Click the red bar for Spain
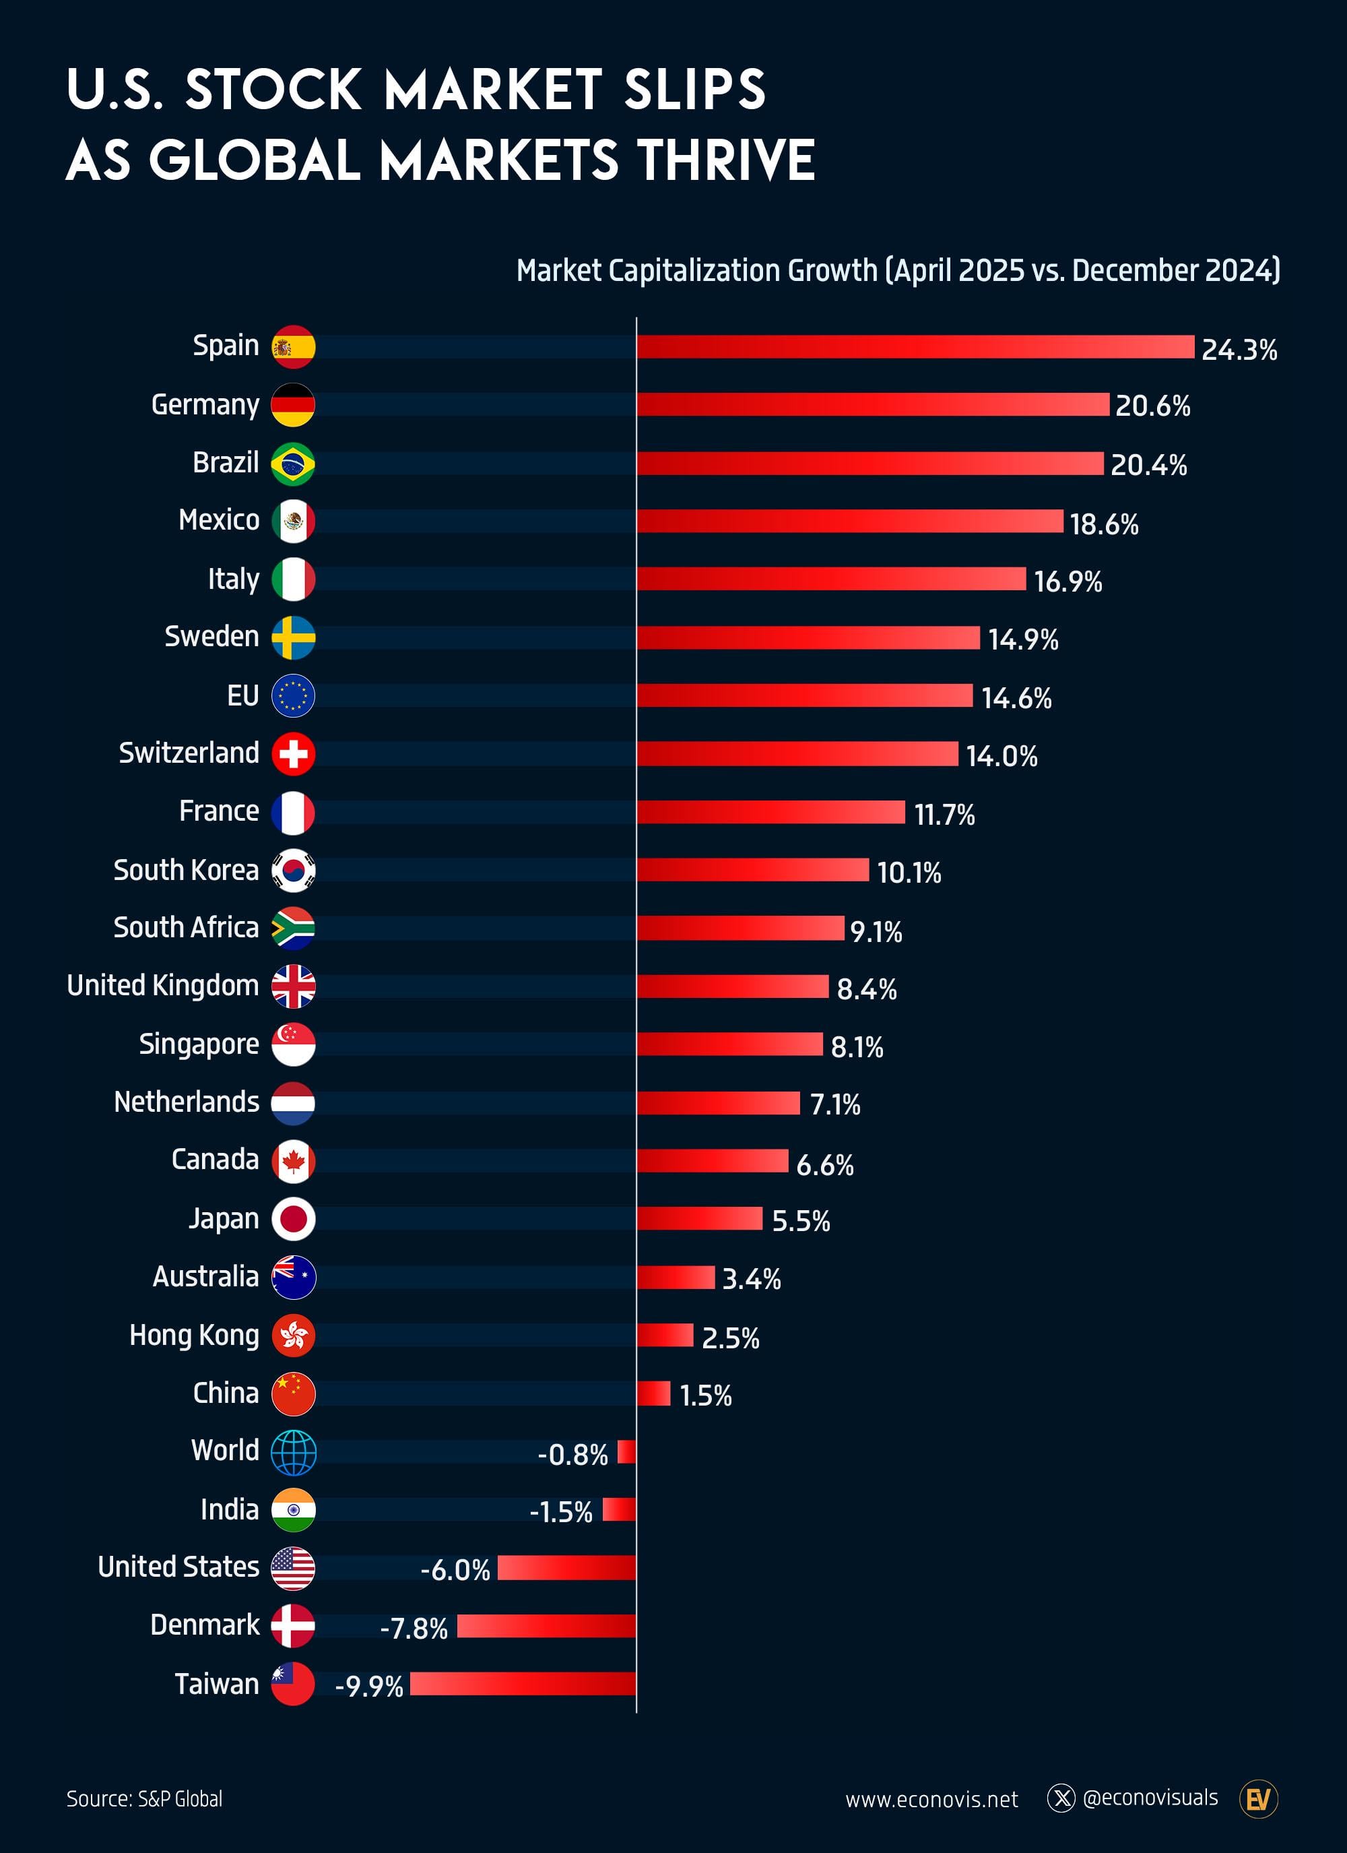click(915, 346)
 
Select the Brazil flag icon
click(293, 464)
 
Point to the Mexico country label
click(219, 520)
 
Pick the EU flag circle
click(293, 696)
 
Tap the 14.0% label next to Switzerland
click(1001, 756)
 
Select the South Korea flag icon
click(293, 870)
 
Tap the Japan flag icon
click(293, 1219)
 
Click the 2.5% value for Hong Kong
click(730, 1338)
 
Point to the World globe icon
click(293, 1453)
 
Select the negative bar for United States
click(567, 1568)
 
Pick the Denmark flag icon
click(293, 1626)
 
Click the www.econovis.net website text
click(931, 1800)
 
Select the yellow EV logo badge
click(1258, 1799)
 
